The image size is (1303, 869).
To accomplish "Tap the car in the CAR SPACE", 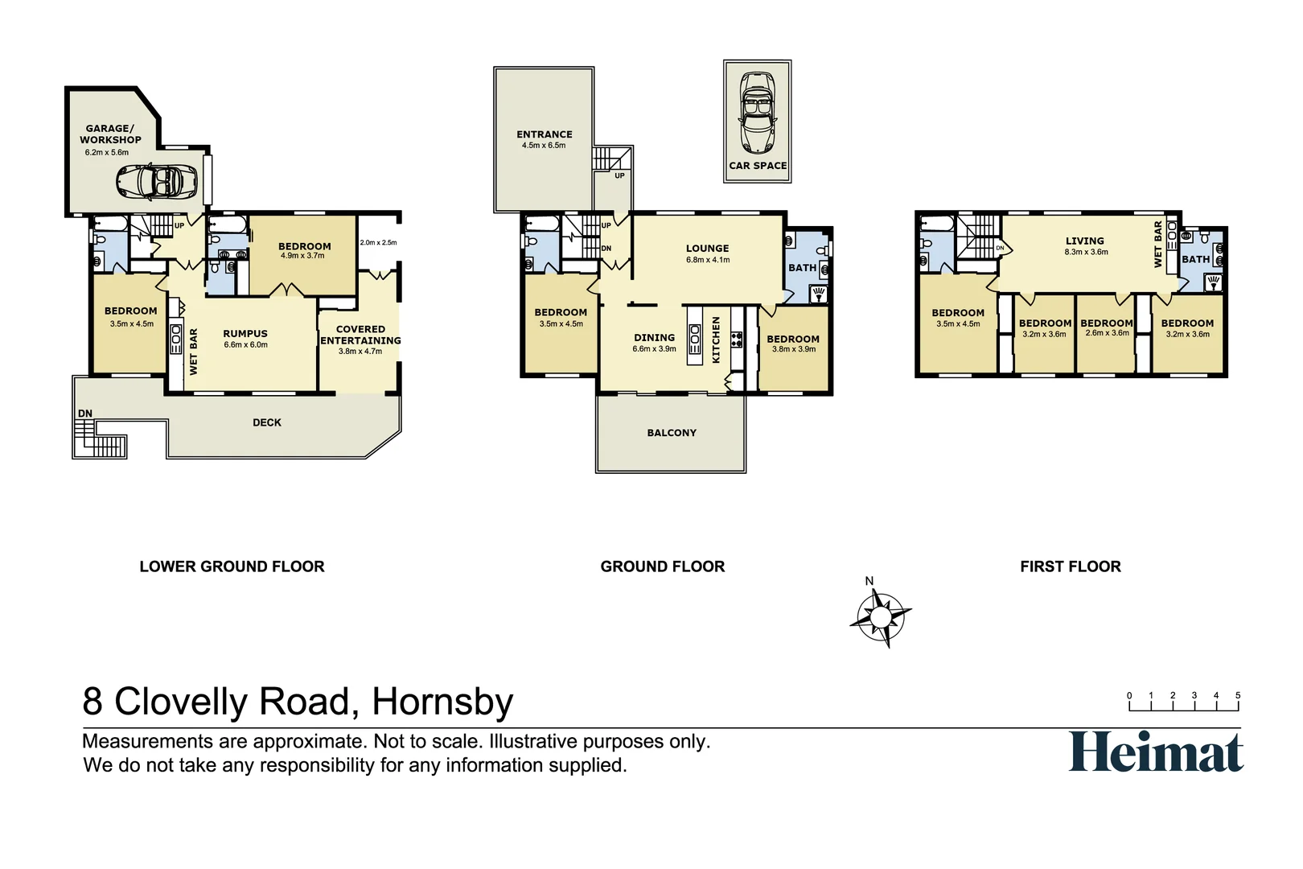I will click(757, 113).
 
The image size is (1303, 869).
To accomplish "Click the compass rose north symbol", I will click(881, 617).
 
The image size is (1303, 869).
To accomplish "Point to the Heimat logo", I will click(1156, 752).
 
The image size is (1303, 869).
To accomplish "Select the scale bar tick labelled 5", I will click(1238, 696).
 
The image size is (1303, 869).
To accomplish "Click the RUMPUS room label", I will click(245, 333).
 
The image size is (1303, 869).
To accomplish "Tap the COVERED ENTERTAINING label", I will click(360, 335).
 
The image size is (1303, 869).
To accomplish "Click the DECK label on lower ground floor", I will click(267, 422).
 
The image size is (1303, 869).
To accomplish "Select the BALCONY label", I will click(672, 433).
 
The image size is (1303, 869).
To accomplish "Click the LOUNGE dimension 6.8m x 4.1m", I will click(708, 260).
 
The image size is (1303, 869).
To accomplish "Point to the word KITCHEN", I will click(716, 340).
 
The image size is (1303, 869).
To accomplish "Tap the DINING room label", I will click(654, 338).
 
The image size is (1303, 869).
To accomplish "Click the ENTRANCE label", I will click(545, 134).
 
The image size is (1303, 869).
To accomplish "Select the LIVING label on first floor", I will click(1085, 241).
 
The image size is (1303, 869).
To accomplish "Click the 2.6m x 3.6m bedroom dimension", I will click(1107, 333).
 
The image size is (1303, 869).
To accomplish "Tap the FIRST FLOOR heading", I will click(1070, 566).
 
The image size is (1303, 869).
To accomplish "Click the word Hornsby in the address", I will click(442, 702).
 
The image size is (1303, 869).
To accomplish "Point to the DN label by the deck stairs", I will click(85, 414).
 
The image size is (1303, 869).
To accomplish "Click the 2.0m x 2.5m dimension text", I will click(378, 242).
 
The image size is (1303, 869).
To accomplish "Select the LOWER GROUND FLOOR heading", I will click(232, 566).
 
